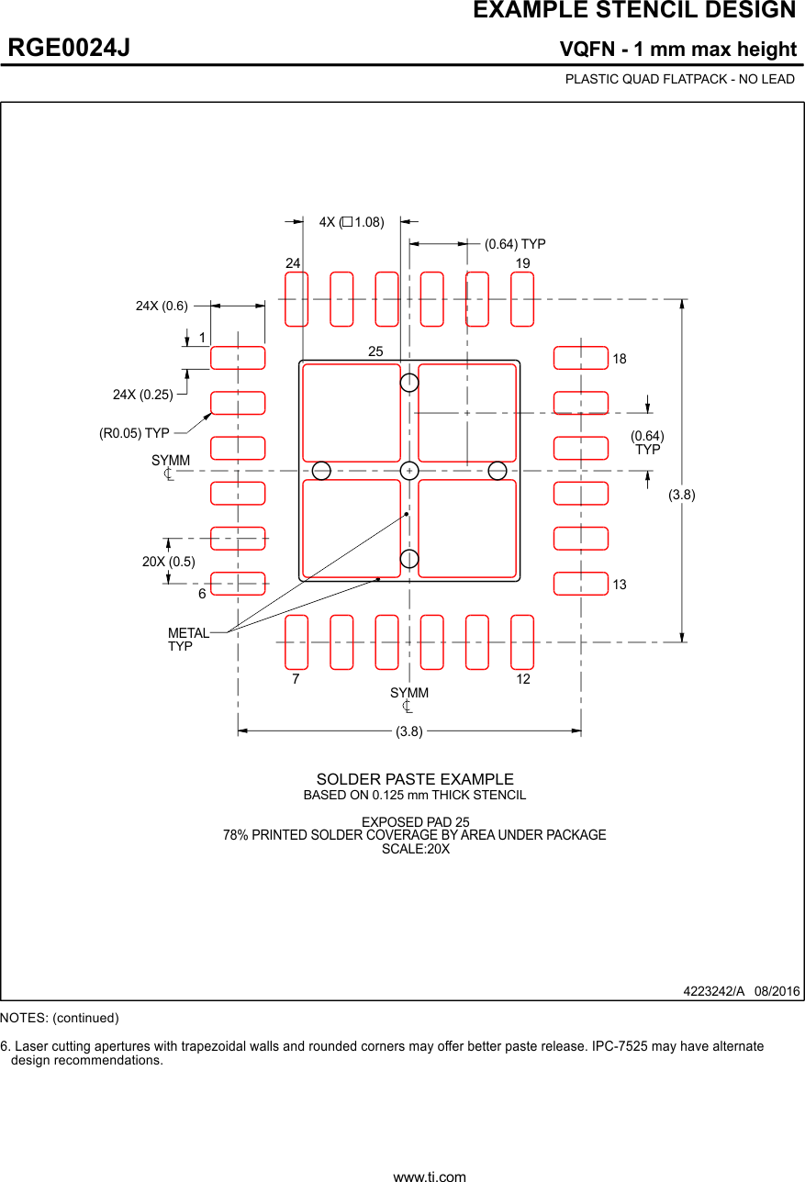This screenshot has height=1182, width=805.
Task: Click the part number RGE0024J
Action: tap(69, 48)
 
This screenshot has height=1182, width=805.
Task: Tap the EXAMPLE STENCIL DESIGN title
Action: tap(634, 11)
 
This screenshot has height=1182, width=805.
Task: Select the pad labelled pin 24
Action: tap(296, 299)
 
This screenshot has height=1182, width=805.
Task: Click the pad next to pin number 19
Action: tap(522, 299)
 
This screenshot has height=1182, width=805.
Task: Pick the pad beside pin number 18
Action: tap(581, 358)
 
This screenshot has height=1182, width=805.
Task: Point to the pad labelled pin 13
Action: tap(581, 584)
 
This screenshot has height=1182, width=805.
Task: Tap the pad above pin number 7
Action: tap(296, 642)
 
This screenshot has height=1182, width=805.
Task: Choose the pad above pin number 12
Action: tap(522, 642)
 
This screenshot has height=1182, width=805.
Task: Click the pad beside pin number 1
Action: tap(238, 358)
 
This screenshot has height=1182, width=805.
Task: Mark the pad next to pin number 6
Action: tap(238, 584)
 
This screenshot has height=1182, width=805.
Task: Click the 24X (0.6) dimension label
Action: tap(162, 307)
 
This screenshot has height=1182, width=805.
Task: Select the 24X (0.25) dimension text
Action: tap(143, 395)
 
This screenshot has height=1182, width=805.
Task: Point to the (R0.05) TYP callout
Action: tap(134, 433)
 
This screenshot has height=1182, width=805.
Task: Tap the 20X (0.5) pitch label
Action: tap(168, 562)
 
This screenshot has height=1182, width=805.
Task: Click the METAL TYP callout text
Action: tap(187, 640)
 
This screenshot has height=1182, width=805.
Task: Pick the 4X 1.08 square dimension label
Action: tap(352, 222)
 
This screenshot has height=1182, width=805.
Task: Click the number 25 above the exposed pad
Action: tap(375, 351)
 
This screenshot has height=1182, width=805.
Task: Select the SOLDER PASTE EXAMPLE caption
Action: tap(415, 780)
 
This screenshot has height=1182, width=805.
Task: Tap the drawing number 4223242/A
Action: tap(713, 991)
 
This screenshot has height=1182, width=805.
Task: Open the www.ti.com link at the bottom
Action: tap(430, 1176)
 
